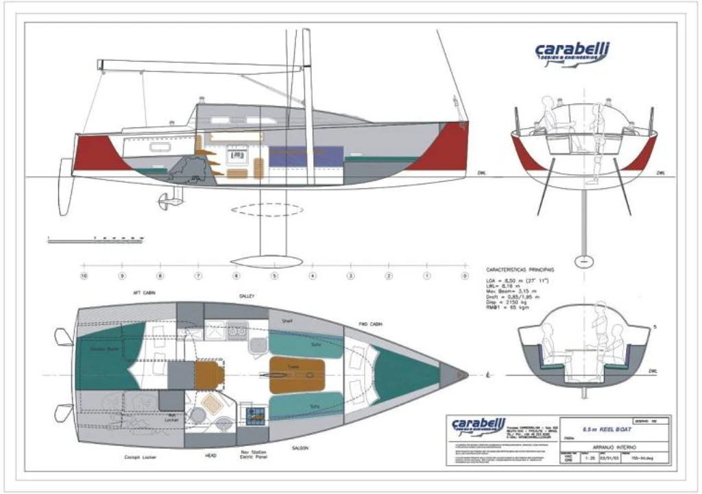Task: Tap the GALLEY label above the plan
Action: [x=247, y=296]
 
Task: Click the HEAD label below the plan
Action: [x=211, y=454]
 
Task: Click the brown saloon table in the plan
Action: [x=296, y=375]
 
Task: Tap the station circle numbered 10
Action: [x=84, y=275]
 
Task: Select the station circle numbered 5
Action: [x=274, y=275]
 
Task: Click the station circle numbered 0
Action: [x=465, y=275]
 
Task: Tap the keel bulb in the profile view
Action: [x=266, y=260]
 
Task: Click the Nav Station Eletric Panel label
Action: [x=254, y=456]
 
